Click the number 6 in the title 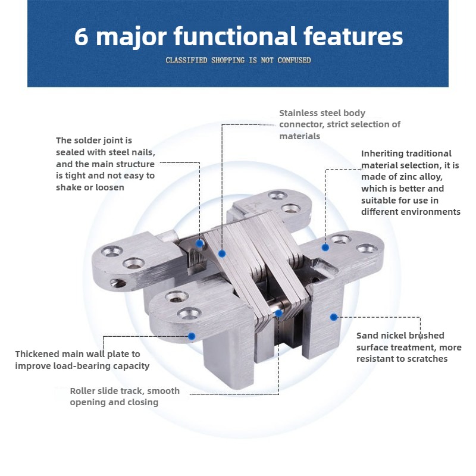pyautogui.click(x=82, y=36)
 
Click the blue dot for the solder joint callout pyautogui.click(x=200, y=243)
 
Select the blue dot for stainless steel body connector pyautogui.click(x=222, y=253)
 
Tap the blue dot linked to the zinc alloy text pyautogui.click(x=325, y=247)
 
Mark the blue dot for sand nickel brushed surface pyautogui.click(x=334, y=317)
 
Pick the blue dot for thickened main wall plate pyautogui.click(x=192, y=336)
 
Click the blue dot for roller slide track pyautogui.click(x=278, y=312)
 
